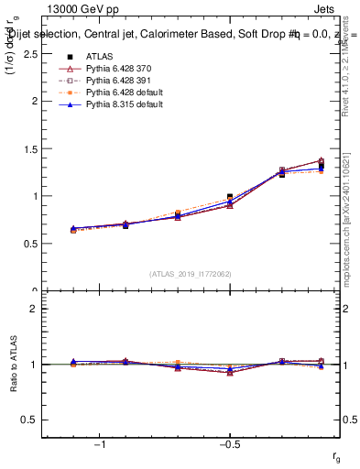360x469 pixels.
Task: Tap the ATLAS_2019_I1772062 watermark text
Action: point(190,274)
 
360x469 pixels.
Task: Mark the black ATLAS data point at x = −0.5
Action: point(230,197)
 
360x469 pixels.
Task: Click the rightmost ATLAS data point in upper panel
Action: point(321,166)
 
